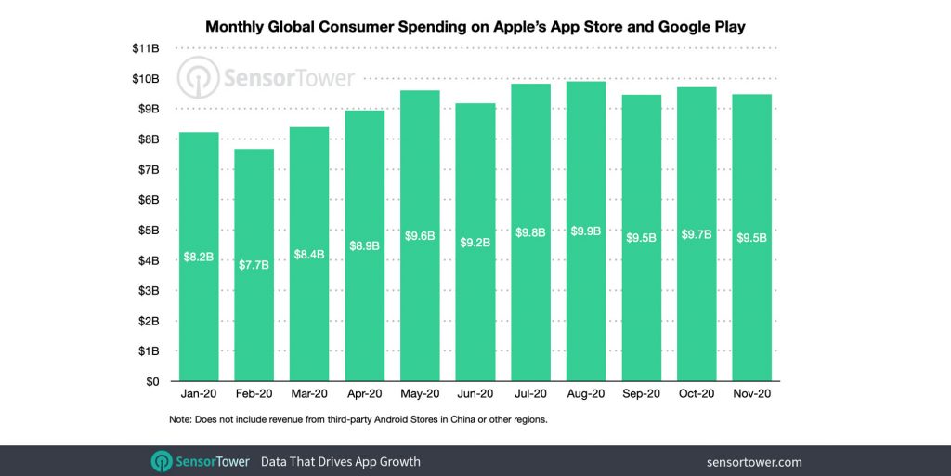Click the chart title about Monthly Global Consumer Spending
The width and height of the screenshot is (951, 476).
475,27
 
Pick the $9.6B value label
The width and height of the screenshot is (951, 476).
420,237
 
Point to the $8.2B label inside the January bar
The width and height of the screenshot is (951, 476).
198,256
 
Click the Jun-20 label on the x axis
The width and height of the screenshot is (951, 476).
475,394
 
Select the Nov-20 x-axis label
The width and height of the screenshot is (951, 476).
751,394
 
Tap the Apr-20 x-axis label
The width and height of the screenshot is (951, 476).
364,394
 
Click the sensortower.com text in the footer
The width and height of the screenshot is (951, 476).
753,461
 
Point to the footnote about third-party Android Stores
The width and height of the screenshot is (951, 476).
358,420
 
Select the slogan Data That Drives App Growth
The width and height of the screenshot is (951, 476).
340,461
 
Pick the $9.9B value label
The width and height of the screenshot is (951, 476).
586,231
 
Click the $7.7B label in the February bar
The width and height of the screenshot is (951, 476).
254,265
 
